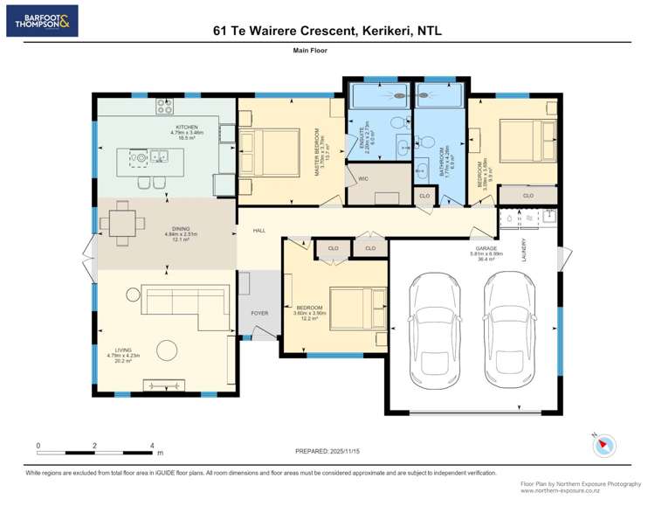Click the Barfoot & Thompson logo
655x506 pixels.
click(x=42, y=20)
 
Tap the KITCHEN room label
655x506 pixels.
click(x=187, y=127)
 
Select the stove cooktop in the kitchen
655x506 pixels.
click(x=166, y=106)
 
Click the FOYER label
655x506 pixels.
click(x=260, y=313)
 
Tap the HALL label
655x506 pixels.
click(x=259, y=231)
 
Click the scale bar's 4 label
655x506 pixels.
click(x=152, y=445)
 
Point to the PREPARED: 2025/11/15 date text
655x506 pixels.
click(x=327, y=451)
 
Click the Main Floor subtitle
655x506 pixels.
click(x=310, y=52)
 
